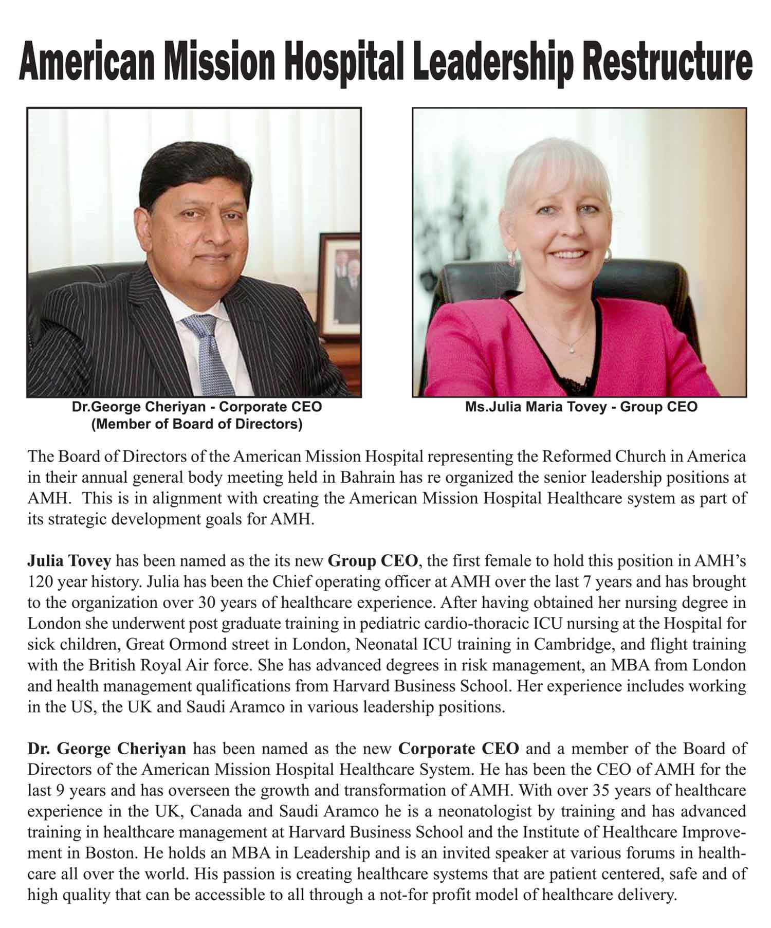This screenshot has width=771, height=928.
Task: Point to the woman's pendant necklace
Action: pyautogui.click(x=573, y=349)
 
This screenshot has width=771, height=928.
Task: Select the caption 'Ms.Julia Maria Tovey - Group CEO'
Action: pyautogui.click(x=581, y=407)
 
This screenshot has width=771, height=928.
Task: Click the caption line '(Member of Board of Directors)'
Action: pyautogui.click(x=196, y=425)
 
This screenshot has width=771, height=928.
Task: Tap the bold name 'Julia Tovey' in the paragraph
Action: pyautogui.click(x=69, y=560)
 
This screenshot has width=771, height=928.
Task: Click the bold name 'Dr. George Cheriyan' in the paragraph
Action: pyautogui.click(x=106, y=748)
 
